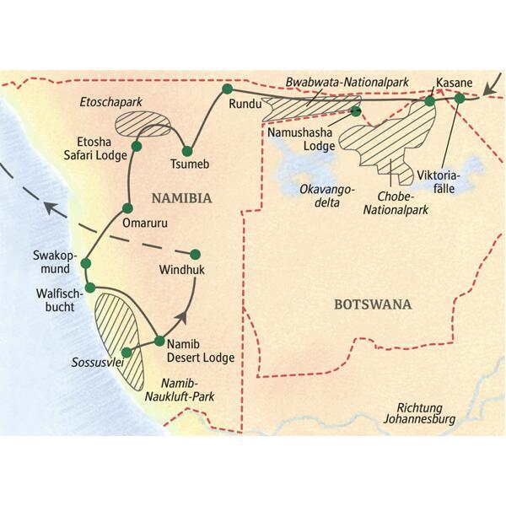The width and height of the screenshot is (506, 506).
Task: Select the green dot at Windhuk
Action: coord(196,254)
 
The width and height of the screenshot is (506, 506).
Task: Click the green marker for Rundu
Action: coord(226,88)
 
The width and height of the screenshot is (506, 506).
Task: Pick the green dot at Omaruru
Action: coord(128,207)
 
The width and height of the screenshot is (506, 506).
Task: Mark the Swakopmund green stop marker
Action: coord(85,264)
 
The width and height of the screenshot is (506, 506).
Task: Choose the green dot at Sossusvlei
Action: coord(126,353)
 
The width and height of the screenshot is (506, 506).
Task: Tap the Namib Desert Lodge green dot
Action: coord(159,341)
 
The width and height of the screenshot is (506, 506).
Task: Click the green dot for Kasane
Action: coord(430,101)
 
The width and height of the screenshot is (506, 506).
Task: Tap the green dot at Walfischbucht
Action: coord(89,288)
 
